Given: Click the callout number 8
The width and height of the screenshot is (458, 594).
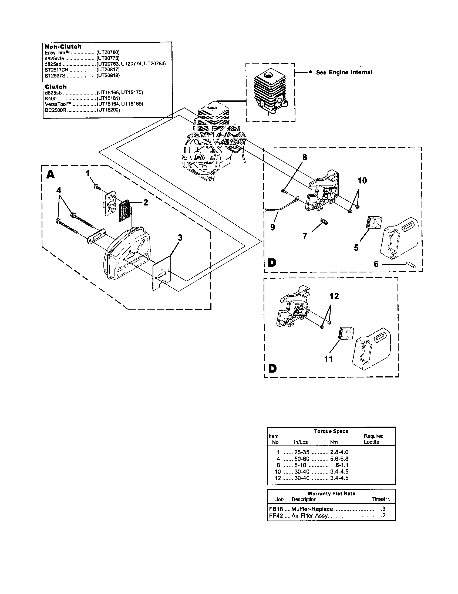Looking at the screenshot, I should click(x=305, y=157).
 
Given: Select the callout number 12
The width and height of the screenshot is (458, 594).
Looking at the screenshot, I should click(x=334, y=296).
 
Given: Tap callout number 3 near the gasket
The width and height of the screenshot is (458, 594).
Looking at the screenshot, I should click(x=180, y=238).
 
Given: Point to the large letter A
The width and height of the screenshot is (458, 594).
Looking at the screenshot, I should click(x=50, y=174).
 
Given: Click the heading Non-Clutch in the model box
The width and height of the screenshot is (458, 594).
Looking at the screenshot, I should click(x=63, y=46).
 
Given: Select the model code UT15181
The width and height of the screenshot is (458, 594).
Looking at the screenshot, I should click(x=108, y=98).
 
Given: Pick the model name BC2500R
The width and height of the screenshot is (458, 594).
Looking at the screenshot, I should click(x=56, y=110).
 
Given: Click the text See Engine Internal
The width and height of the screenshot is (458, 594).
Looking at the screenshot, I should click(x=344, y=72).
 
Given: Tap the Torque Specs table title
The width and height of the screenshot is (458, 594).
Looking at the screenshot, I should click(x=331, y=431).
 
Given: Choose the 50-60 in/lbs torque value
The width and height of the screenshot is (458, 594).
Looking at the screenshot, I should click(x=302, y=458).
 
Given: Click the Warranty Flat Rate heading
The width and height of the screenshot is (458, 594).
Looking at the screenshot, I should click(x=331, y=493).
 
